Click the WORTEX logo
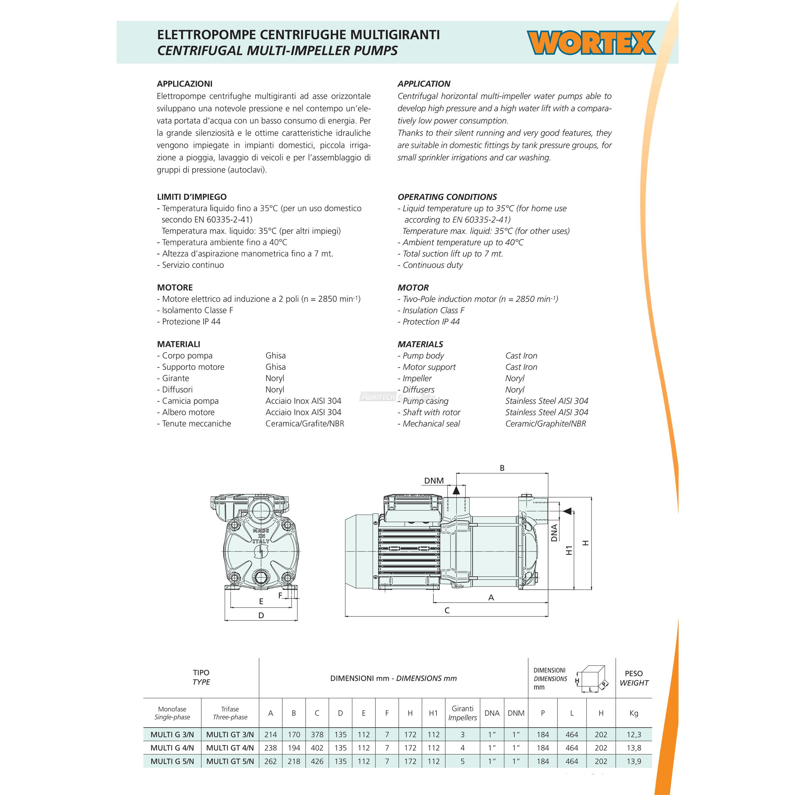click(x=591, y=43)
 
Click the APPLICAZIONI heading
click(x=184, y=84)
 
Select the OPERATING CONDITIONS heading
click(x=447, y=197)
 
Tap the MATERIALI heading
click(x=179, y=344)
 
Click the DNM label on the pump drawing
click(x=434, y=480)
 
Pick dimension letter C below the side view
click(x=447, y=611)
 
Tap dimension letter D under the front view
click(x=261, y=616)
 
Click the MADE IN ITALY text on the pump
click(x=261, y=536)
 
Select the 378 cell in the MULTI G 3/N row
click(x=317, y=735)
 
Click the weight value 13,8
click(x=634, y=748)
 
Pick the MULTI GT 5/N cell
click(x=230, y=761)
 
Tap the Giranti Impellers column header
click(x=462, y=713)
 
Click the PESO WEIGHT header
click(x=634, y=678)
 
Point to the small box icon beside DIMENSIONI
click(x=592, y=679)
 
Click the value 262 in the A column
click(x=270, y=761)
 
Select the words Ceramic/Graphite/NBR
click(x=545, y=424)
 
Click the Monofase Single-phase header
click(x=172, y=713)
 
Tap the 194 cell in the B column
click(x=294, y=748)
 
